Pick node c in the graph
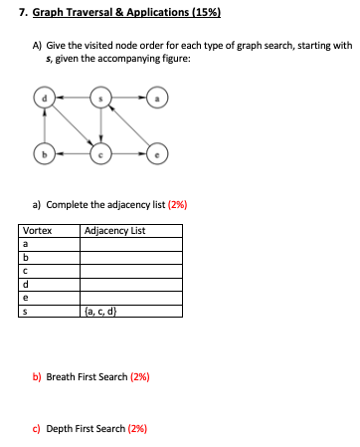[x=99, y=153]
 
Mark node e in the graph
[x=156, y=153]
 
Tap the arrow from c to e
[x=128, y=153]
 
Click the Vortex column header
[x=37, y=231]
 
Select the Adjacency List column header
[x=115, y=231]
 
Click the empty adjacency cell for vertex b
[x=130, y=257]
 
